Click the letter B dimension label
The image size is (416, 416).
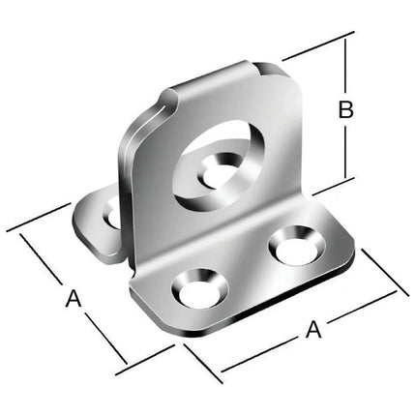pos(346,109)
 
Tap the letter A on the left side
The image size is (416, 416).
pos(74,298)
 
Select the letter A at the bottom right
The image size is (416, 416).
pos(313,329)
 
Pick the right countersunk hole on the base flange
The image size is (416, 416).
pos(297,246)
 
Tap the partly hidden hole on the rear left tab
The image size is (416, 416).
pos(111,216)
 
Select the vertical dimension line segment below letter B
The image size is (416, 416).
pos(345,152)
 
